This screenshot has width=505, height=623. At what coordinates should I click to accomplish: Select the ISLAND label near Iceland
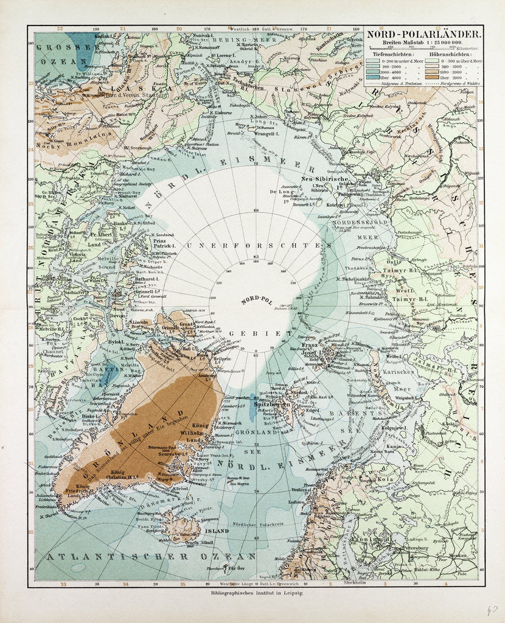coord(217,531)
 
